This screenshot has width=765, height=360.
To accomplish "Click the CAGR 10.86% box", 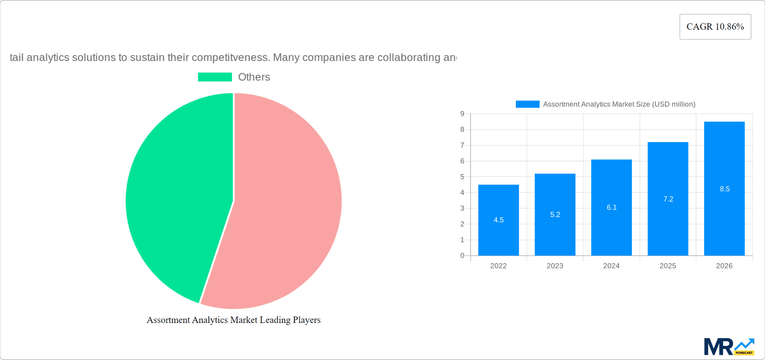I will coord(715,27).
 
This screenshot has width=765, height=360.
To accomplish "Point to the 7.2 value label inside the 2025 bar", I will coord(668,199).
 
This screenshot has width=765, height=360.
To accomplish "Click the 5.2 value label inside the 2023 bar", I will coord(555,214).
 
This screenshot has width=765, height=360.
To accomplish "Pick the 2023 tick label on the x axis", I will coord(555,266).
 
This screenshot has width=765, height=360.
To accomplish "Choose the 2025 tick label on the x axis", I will coord(668,266).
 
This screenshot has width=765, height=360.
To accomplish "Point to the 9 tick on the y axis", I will coord(462,114).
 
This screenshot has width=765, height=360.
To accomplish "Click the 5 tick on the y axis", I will coord(462,177).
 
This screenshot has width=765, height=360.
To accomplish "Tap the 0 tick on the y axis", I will coord(462,256).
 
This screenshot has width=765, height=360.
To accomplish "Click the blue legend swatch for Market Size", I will coord(527,104).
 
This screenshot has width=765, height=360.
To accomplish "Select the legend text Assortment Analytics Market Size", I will coord(619,104).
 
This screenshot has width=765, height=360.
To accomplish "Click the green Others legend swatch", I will coord(215,77).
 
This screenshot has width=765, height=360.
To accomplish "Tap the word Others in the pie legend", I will coord(254,77).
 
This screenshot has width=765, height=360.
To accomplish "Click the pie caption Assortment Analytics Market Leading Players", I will coord(233,320).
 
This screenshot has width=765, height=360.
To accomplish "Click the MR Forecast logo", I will coord(729,347).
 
